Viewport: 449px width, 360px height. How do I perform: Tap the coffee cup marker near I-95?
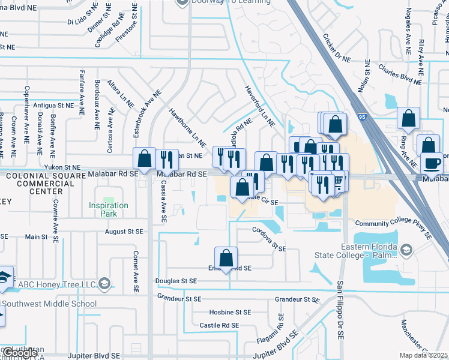432,163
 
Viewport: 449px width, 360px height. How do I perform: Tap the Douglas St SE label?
176,281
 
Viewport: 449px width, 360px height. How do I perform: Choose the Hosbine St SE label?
230,313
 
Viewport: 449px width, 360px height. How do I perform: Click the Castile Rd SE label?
220,325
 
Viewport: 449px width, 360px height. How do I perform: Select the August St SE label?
124,231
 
